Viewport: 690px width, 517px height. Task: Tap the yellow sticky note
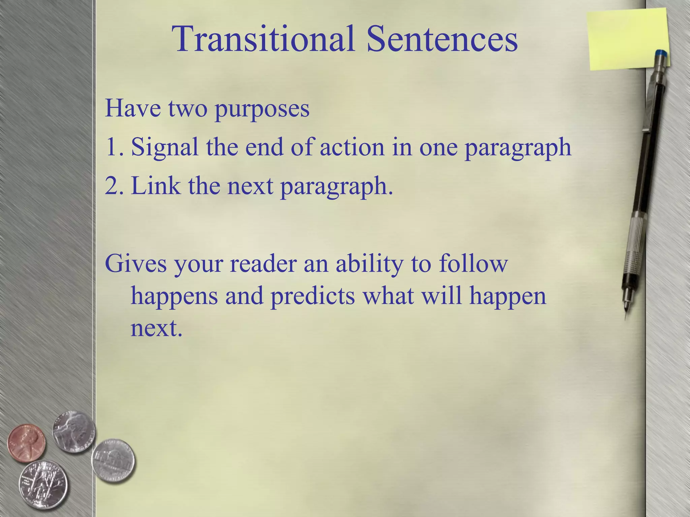pos(627,39)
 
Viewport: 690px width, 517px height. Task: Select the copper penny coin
pos(26,442)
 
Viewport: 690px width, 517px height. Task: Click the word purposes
pos(262,109)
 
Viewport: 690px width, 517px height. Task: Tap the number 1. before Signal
pos(115,147)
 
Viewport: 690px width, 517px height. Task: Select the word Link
pos(155,186)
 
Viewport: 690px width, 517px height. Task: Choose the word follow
pos(473,264)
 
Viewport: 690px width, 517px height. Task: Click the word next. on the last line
pos(156,328)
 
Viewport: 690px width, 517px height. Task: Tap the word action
pos(352,147)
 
